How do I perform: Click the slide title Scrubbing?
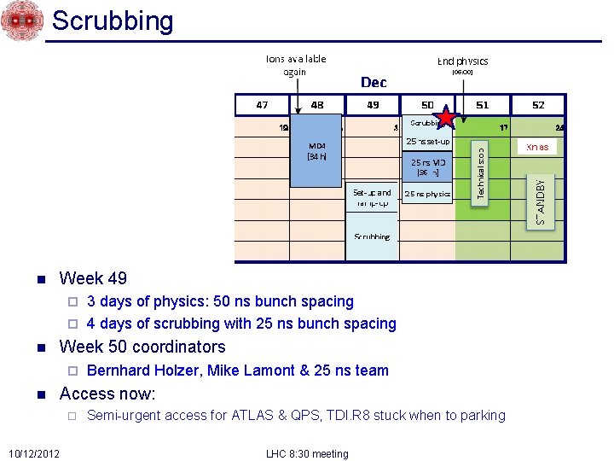[113, 20]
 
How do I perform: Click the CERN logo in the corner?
[22, 20]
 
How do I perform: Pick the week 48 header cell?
[316, 104]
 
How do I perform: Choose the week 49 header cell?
[372, 104]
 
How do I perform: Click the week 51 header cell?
[483, 104]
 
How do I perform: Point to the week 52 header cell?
[537, 104]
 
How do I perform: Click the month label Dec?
[374, 82]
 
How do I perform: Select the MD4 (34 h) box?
[318, 150]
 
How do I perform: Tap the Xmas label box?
[537, 147]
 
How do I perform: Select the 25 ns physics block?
[427, 194]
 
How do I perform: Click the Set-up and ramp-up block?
[372, 198]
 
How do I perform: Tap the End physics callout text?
[462, 61]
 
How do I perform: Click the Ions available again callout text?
[295, 65]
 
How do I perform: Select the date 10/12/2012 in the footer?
[34, 452]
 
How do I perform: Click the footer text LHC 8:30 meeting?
[308, 453]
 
